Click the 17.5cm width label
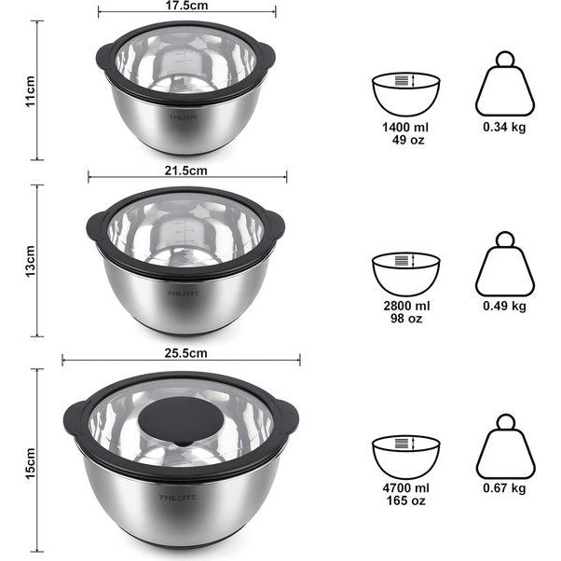pos(186,6)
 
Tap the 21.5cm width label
pos(186,171)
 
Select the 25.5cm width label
pos(186,353)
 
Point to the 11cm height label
pos(31,91)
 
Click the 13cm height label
pos(31,261)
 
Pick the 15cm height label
pos(31,464)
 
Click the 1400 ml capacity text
pos(405,127)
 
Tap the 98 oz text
pos(407,318)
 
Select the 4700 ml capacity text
pos(406,488)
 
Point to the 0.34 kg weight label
pos(504,127)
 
